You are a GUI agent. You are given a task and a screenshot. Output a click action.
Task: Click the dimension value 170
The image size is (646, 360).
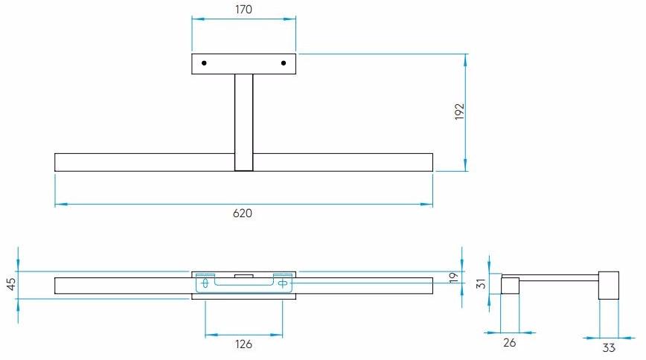point(243,10)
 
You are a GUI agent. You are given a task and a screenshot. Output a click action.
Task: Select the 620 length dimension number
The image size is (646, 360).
point(243,213)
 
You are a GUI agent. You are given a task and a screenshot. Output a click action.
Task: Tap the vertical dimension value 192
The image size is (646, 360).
point(459,112)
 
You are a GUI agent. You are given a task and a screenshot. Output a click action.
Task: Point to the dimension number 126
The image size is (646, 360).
point(243,344)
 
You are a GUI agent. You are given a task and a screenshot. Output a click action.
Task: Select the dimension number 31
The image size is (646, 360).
point(480,283)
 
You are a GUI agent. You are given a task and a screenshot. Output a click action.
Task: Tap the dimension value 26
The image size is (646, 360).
point(509,343)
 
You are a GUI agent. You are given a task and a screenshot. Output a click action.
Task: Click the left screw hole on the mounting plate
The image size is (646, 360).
point(204,63)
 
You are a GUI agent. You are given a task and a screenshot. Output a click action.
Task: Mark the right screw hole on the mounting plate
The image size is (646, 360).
point(284,63)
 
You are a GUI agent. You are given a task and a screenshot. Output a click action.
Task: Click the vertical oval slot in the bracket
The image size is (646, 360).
point(205,283)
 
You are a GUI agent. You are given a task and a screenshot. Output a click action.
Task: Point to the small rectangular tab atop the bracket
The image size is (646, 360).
point(243,275)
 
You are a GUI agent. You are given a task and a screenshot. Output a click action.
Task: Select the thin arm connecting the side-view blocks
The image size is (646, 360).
point(558,277)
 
